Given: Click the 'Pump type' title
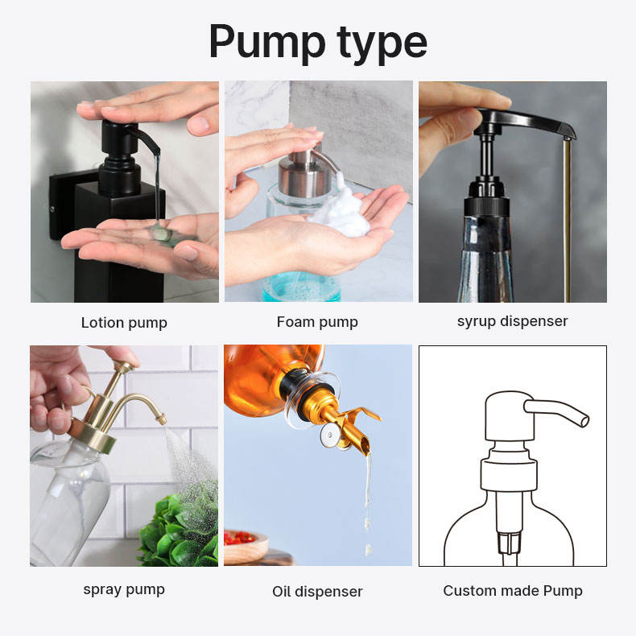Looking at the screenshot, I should coord(317,43).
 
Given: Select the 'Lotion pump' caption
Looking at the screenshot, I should coord(124,323).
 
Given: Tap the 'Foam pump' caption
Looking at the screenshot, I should coord(317,322).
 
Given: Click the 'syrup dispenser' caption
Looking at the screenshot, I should coord(512,321).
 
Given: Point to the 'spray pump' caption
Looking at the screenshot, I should coord(124,589).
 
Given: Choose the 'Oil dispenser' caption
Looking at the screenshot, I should coord(317,592).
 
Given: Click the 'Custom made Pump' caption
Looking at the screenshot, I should coord(512,591).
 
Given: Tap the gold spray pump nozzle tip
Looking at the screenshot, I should coord(160,419).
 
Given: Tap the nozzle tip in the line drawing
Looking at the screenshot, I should coord(582,419).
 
